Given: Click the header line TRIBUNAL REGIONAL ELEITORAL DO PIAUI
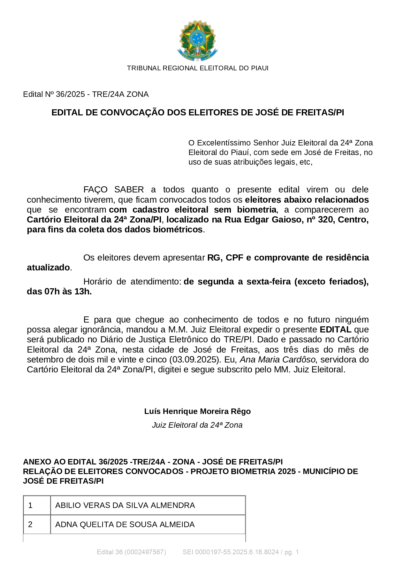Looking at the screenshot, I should [198, 68].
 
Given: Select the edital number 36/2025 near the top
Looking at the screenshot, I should [70, 94].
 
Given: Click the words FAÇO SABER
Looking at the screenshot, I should [113, 190].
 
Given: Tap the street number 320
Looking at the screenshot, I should [325, 220].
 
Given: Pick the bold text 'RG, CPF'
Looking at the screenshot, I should [225, 258].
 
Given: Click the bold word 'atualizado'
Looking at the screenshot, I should [48, 268].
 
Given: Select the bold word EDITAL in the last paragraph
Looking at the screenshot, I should [336, 330].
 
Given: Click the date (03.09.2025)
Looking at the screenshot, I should [195, 360].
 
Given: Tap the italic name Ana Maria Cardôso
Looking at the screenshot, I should [278, 360].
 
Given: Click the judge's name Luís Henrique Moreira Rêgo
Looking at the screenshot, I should [197, 411].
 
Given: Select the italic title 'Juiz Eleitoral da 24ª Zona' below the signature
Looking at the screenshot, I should [197, 425].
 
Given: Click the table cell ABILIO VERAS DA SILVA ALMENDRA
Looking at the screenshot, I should [125, 505].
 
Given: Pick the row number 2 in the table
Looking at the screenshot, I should [30, 525].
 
